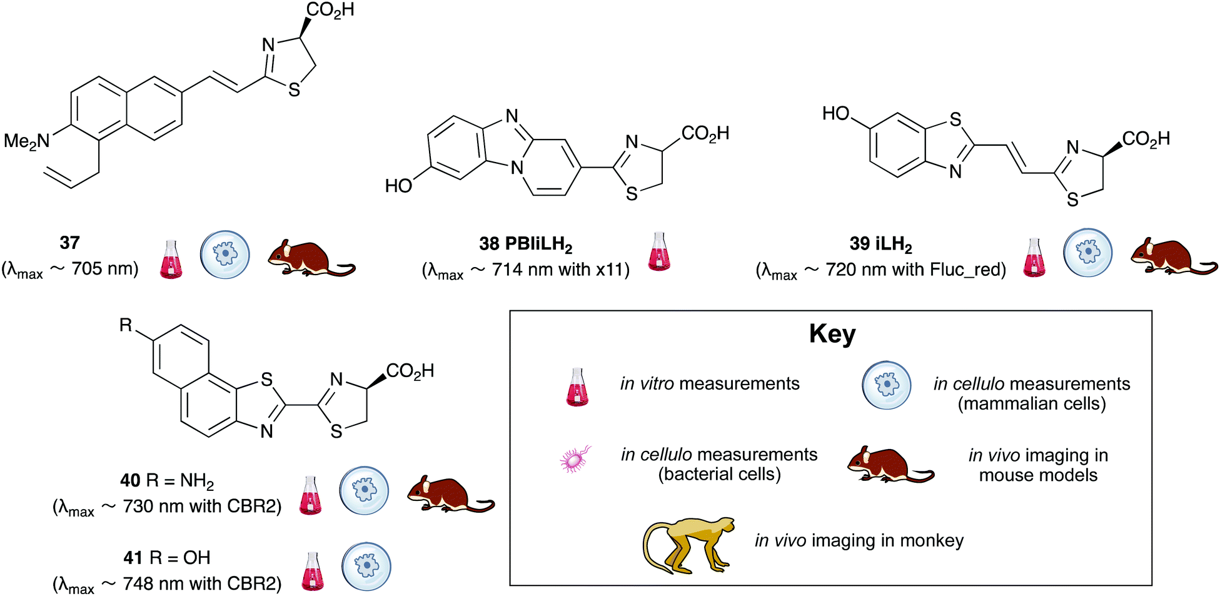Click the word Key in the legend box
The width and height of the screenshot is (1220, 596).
coord(832,334)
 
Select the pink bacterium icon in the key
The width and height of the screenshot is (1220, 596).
coord(575,459)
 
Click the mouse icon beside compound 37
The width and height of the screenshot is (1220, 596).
coord(311,258)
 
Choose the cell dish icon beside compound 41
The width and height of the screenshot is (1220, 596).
coord(366,567)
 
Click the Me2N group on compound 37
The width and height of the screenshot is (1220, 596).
coord(27,141)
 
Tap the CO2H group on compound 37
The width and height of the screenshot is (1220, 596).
coord(330,11)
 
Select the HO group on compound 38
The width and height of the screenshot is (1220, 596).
coord(398,186)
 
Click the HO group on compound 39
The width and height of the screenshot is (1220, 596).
coord(835,114)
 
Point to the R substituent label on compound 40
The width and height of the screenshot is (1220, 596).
coord(126,325)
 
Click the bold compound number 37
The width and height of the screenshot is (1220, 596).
coord(69,243)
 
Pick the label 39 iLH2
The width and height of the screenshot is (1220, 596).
coord(880,244)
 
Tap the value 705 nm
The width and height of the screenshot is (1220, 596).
coord(104,269)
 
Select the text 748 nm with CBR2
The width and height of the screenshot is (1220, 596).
coord(201,583)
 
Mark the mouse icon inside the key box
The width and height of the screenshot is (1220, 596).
coord(890,465)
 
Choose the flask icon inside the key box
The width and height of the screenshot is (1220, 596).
coord(577,388)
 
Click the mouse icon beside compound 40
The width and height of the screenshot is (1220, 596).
coord(450,495)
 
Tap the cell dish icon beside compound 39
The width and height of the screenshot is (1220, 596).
coord(1088,253)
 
